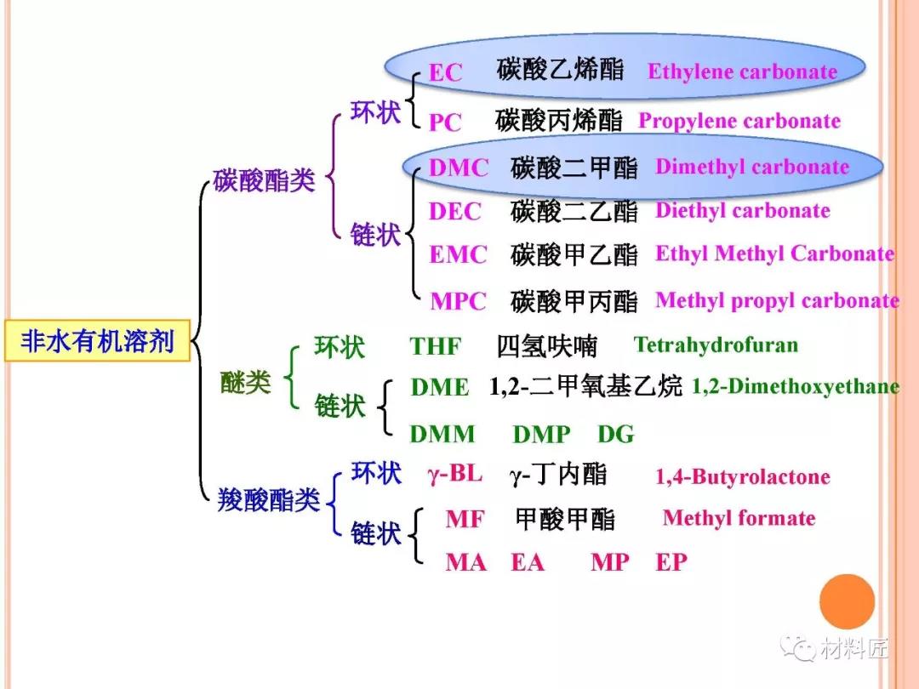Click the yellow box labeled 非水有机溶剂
(97, 341)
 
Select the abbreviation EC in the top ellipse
(445, 73)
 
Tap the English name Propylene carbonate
(739, 122)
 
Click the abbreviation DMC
(458, 168)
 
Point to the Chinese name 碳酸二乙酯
(574, 211)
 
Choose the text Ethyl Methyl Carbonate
(774, 254)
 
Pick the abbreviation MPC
(458, 301)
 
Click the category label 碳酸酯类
(264, 180)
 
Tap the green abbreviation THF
(436, 347)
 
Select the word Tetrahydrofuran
(716, 344)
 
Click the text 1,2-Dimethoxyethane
(795, 387)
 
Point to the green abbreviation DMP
(541, 435)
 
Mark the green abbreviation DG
(615, 435)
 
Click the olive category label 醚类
(245, 384)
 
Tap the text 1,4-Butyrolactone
(742, 477)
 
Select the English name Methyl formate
(739, 518)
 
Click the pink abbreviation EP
(671, 562)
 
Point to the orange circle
(847, 601)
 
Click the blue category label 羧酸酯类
(269, 500)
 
